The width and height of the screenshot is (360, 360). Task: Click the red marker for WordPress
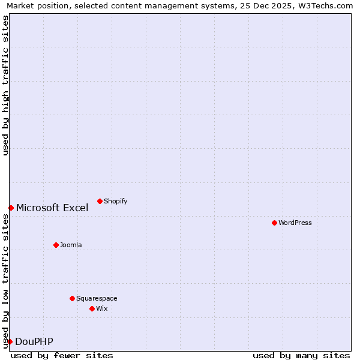click(x=274, y=223)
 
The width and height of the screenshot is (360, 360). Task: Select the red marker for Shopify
click(x=100, y=201)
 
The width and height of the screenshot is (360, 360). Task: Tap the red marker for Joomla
click(x=56, y=245)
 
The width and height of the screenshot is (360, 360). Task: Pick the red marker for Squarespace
click(x=72, y=298)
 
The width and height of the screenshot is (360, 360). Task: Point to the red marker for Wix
click(x=92, y=308)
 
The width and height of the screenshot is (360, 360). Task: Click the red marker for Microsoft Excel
click(x=11, y=208)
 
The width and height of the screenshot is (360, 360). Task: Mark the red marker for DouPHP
click(x=10, y=341)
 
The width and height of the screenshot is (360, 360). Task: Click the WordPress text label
click(x=295, y=223)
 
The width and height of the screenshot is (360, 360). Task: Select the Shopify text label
click(x=116, y=201)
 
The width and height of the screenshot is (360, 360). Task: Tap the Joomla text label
click(x=71, y=245)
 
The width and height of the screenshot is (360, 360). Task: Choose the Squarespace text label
click(x=97, y=298)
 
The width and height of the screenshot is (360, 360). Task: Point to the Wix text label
click(x=102, y=308)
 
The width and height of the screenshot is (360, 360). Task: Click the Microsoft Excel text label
click(x=52, y=208)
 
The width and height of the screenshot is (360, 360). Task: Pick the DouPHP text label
click(x=34, y=341)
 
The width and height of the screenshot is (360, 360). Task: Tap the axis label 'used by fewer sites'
click(x=62, y=355)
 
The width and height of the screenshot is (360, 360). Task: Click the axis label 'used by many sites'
click(x=301, y=355)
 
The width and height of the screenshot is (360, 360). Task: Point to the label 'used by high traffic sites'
click(x=5, y=85)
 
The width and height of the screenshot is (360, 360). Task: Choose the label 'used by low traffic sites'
click(x=5, y=281)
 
